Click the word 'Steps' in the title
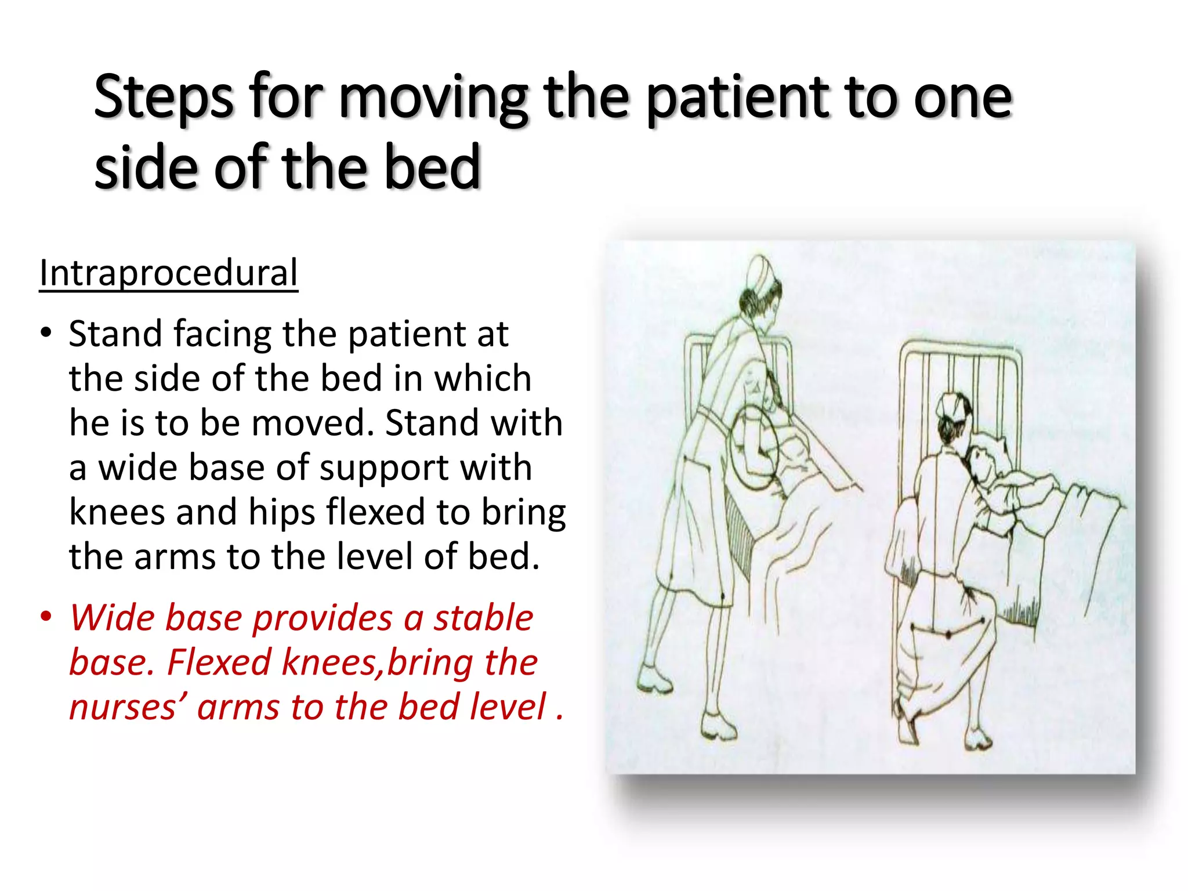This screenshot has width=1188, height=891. tap(164, 97)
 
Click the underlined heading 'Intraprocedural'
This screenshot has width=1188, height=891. tap(168, 273)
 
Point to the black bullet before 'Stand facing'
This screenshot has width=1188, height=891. tap(46, 334)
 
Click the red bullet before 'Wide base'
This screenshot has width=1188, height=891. tap(46, 617)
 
